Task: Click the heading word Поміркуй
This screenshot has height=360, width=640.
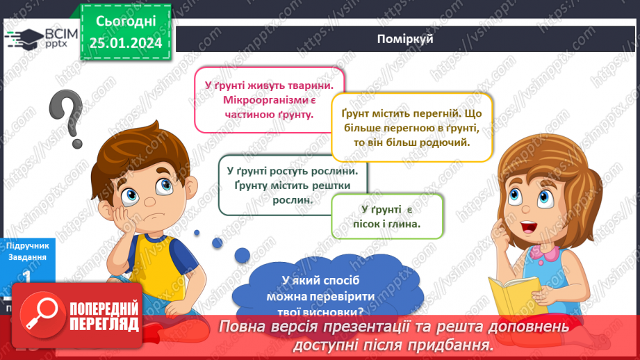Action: tap(407, 39)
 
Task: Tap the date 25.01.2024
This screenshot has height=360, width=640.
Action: tap(125, 43)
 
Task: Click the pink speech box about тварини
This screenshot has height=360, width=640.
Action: tap(269, 99)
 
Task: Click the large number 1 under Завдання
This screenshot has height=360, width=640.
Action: tap(26, 276)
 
